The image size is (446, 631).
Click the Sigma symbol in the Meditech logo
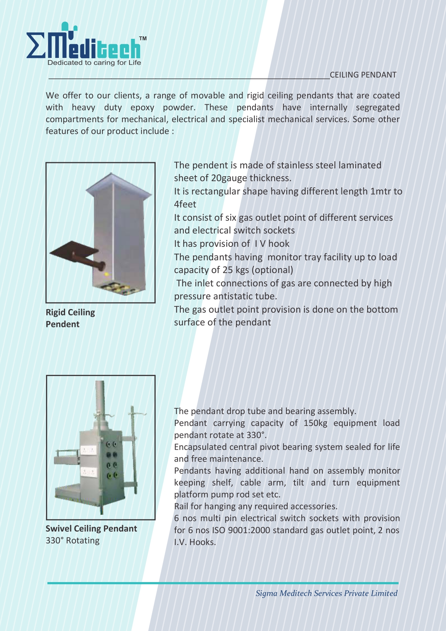click(36, 46)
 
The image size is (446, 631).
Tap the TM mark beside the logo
click(143, 38)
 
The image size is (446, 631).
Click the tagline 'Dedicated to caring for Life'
click(94, 63)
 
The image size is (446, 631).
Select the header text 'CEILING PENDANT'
click(363, 75)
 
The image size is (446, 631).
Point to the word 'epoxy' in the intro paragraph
click(142, 107)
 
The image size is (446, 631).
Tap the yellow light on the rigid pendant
click(106, 274)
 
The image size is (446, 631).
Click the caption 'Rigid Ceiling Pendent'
click(70, 318)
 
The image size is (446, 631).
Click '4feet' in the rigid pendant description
click(185, 204)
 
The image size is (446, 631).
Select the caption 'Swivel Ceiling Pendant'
click(91, 528)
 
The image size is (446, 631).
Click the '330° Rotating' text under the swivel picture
click(73, 540)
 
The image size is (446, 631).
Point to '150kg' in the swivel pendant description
click(315, 423)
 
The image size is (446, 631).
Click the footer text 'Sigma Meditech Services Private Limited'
click(326, 593)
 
